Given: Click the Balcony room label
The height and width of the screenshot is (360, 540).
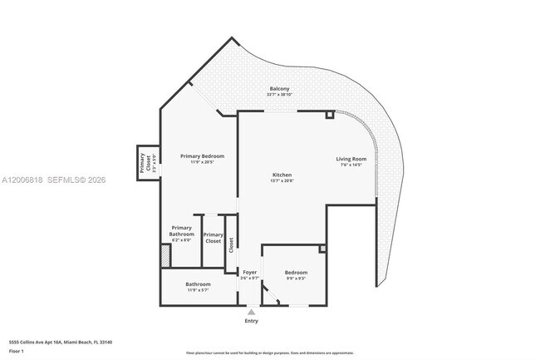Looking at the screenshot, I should tap(279, 89).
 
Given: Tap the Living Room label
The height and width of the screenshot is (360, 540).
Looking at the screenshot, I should tap(351, 159).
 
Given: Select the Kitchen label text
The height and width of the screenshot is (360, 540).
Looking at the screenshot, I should tap(282, 175).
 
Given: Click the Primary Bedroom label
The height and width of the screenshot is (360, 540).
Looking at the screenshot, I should tap(203, 156).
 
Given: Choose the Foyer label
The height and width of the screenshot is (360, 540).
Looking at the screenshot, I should tap(249, 272).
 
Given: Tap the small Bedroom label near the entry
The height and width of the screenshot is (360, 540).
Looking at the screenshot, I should tap(296, 273).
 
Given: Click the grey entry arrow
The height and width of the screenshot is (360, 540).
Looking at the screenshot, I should tap(251, 312).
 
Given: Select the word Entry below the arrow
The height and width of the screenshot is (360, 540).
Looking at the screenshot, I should tap(251, 321).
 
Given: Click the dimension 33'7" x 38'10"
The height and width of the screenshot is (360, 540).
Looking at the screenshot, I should tap(279, 95).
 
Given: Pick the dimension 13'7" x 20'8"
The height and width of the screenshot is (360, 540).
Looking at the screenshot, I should tap(282, 180).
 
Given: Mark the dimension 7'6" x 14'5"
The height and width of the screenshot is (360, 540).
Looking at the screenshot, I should tap(351, 165).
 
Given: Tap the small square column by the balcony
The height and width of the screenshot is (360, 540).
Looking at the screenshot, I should tap(330, 114).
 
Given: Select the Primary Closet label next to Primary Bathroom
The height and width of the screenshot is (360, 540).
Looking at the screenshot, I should tap(213, 237).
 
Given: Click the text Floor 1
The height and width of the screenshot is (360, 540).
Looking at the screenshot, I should tap(17, 351).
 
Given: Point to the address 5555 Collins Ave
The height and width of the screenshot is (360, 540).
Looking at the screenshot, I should tap(61, 342).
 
